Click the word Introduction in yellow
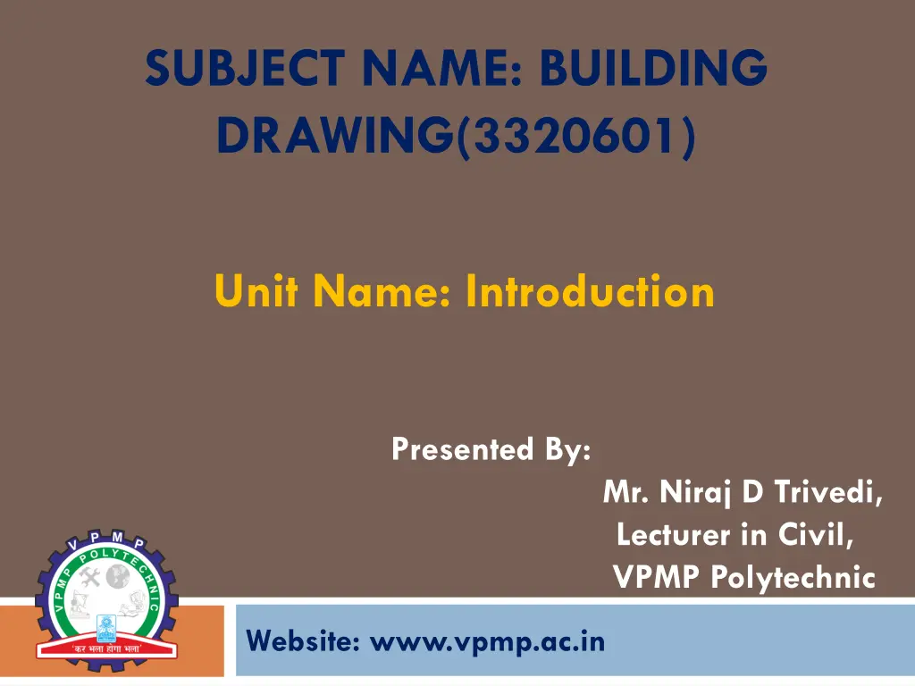590,291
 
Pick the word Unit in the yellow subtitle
249,291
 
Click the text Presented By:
491,448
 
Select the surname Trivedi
828,491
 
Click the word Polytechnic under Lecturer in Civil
793,577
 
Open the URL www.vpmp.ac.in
487,640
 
